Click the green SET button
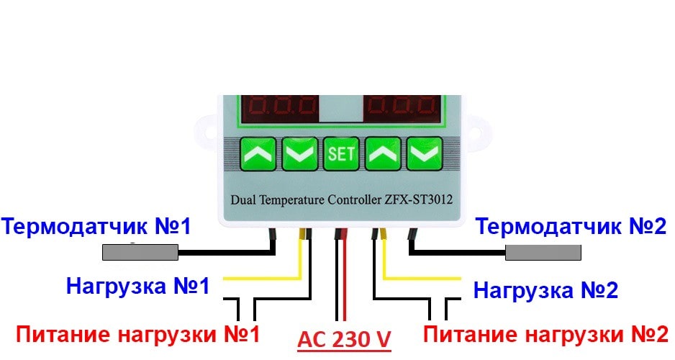[x=341, y=153]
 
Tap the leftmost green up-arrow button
[x=258, y=153]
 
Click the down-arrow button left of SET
[x=299, y=153]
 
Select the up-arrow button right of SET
[x=383, y=153]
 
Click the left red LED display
[x=278, y=109]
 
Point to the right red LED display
[x=403, y=109]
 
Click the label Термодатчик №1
[x=96, y=228]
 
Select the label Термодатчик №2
[x=573, y=228]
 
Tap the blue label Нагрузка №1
[x=137, y=286]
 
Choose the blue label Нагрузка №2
[x=545, y=290]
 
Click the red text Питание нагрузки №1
[x=137, y=334]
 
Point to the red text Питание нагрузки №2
[x=545, y=334]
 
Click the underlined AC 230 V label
[x=344, y=338]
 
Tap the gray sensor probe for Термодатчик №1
[x=140, y=252]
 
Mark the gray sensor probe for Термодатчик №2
[x=543, y=252]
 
